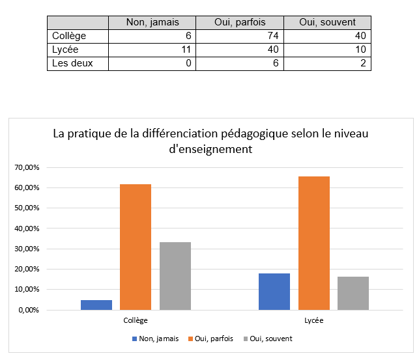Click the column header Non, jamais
152,23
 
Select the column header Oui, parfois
240,23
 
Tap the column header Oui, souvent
328,23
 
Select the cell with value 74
240,36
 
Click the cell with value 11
152,49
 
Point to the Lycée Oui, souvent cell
328,49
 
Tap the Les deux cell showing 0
152,63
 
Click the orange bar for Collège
136,247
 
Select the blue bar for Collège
96,305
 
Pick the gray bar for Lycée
353,293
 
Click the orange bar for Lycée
313,243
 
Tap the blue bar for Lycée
274,291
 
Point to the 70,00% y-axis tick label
27,168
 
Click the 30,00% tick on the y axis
27,249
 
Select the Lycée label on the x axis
313,321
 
